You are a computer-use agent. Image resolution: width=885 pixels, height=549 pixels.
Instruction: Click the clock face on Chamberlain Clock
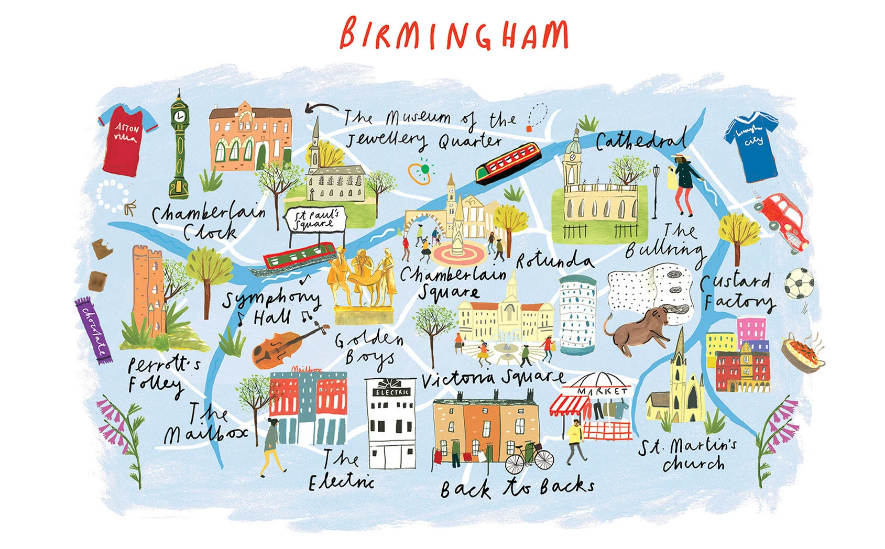pos(180,116)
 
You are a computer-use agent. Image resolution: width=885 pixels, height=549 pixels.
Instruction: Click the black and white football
pos(799,283)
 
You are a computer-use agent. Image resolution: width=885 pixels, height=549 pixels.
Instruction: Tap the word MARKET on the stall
pos(603,391)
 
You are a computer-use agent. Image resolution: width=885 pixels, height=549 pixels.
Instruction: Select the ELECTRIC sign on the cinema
pos(391,391)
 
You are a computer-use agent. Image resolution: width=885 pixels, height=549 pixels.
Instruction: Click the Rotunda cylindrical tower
pos(577,315)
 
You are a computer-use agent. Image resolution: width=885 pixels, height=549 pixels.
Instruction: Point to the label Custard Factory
pos(738,292)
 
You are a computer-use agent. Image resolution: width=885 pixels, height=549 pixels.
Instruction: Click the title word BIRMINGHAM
pos(453,33)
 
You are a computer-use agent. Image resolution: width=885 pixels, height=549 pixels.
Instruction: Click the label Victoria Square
pos(493,379)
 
